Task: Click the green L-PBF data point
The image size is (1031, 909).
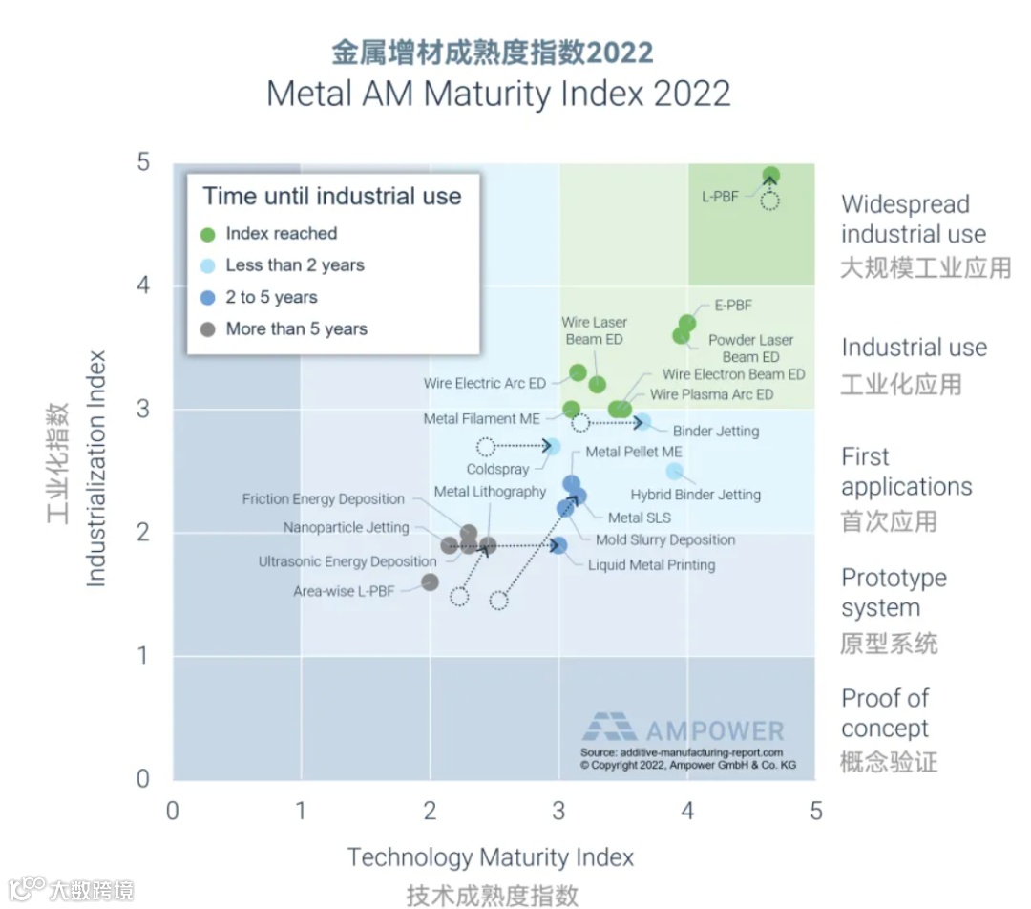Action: (x=770, y=176)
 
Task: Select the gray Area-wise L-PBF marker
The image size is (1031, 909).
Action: (x=431, y=582)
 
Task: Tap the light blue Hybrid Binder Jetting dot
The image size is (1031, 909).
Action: (x=675, y=471)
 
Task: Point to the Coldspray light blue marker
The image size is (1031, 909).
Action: (x=552, y=446)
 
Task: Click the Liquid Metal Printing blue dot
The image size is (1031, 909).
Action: (x=559, y=545)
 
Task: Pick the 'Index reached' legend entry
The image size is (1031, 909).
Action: (x=281, y=234)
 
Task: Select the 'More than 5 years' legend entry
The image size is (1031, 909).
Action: (x=296, y=329)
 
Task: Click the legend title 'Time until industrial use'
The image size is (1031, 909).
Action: (x=332, y=197)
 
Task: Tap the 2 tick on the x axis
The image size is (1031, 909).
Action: (x=430, y=812)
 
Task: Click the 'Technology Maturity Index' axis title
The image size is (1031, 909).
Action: (x=490, y=857)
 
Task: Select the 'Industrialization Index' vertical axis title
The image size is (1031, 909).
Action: (x=96, y=468)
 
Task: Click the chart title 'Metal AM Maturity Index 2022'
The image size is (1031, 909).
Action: (x=498, y=94)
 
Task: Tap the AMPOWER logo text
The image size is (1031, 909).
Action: (x=714, y=731)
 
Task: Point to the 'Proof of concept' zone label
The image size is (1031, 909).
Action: (x=885, y=713)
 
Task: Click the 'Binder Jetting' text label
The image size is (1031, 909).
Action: (x=716, y=431)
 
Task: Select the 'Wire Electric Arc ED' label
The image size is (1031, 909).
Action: (x=485, y=383)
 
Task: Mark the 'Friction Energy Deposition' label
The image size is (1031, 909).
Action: (x=324, y=498)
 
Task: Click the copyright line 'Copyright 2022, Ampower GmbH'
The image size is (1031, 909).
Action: (x=687, y=766)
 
